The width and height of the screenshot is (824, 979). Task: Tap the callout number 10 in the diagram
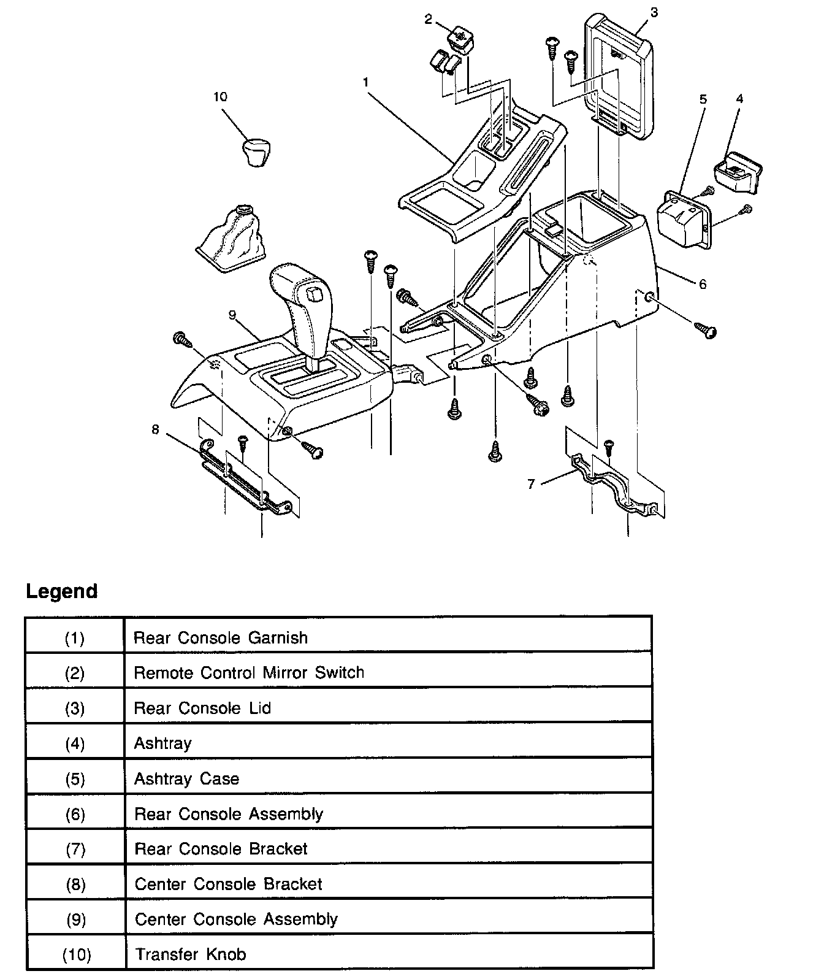point(220,96)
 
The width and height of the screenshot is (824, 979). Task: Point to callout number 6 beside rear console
point(703,284)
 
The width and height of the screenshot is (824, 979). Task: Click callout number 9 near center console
point(232,315)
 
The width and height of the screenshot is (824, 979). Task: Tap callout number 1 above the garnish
point(365,80)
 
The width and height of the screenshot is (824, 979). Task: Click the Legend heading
point(62,591)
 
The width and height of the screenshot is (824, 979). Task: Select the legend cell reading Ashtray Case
point(186,778)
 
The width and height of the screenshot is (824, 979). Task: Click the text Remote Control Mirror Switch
point(249,672)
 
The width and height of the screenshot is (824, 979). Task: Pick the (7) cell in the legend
point(74,850)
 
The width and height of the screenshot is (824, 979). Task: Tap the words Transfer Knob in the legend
point(191,954)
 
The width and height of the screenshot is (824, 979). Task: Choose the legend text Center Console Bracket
point(228,884)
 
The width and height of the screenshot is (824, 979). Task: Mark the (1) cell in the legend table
point(74,638)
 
